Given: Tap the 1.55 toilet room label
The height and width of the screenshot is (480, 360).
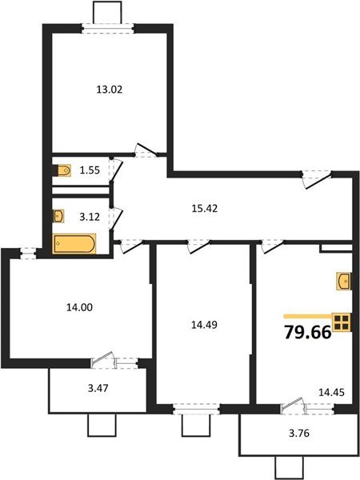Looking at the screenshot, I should point(89,170).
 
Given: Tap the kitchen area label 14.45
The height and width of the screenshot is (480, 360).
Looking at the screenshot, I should point(330,394).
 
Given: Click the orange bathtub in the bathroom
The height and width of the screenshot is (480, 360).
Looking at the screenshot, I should point(74,243).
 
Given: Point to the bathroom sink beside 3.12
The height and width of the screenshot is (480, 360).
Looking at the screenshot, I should point(59,216).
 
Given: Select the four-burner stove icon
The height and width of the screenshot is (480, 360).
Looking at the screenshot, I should point(342,322).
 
